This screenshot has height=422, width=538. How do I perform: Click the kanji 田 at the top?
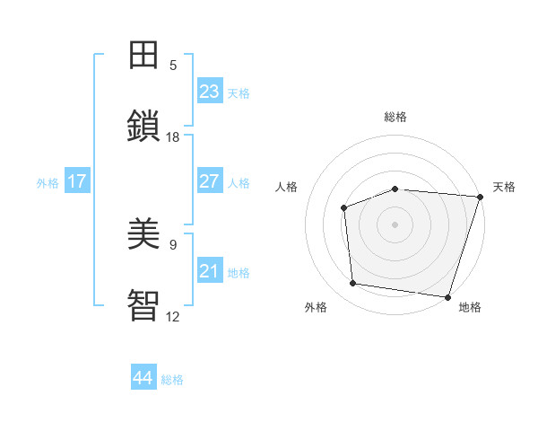click(x=143, y=55)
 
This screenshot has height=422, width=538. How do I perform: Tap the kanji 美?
click(x=143, y=233)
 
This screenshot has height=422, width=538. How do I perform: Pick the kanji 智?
click(x=143, y=303)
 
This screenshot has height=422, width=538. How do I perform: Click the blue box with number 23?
click(x=210, y=92)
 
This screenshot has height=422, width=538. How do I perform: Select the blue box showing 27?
click(x=210, y=181)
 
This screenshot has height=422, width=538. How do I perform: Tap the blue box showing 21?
click(x=210, y=271)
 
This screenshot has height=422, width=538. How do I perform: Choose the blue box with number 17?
click(x=77, y=181)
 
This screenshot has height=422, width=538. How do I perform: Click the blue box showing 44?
click(x=143, y=378)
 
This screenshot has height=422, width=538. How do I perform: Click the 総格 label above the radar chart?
click(x=395, y=117)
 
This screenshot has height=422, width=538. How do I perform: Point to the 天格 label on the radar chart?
click(x=504, y=187)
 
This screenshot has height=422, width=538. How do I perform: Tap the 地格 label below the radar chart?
click(x=470, y=307)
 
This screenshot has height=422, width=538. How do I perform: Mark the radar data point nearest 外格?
click(x=353, y=284)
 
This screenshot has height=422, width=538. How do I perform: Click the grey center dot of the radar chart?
click(x=395, y=224)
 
